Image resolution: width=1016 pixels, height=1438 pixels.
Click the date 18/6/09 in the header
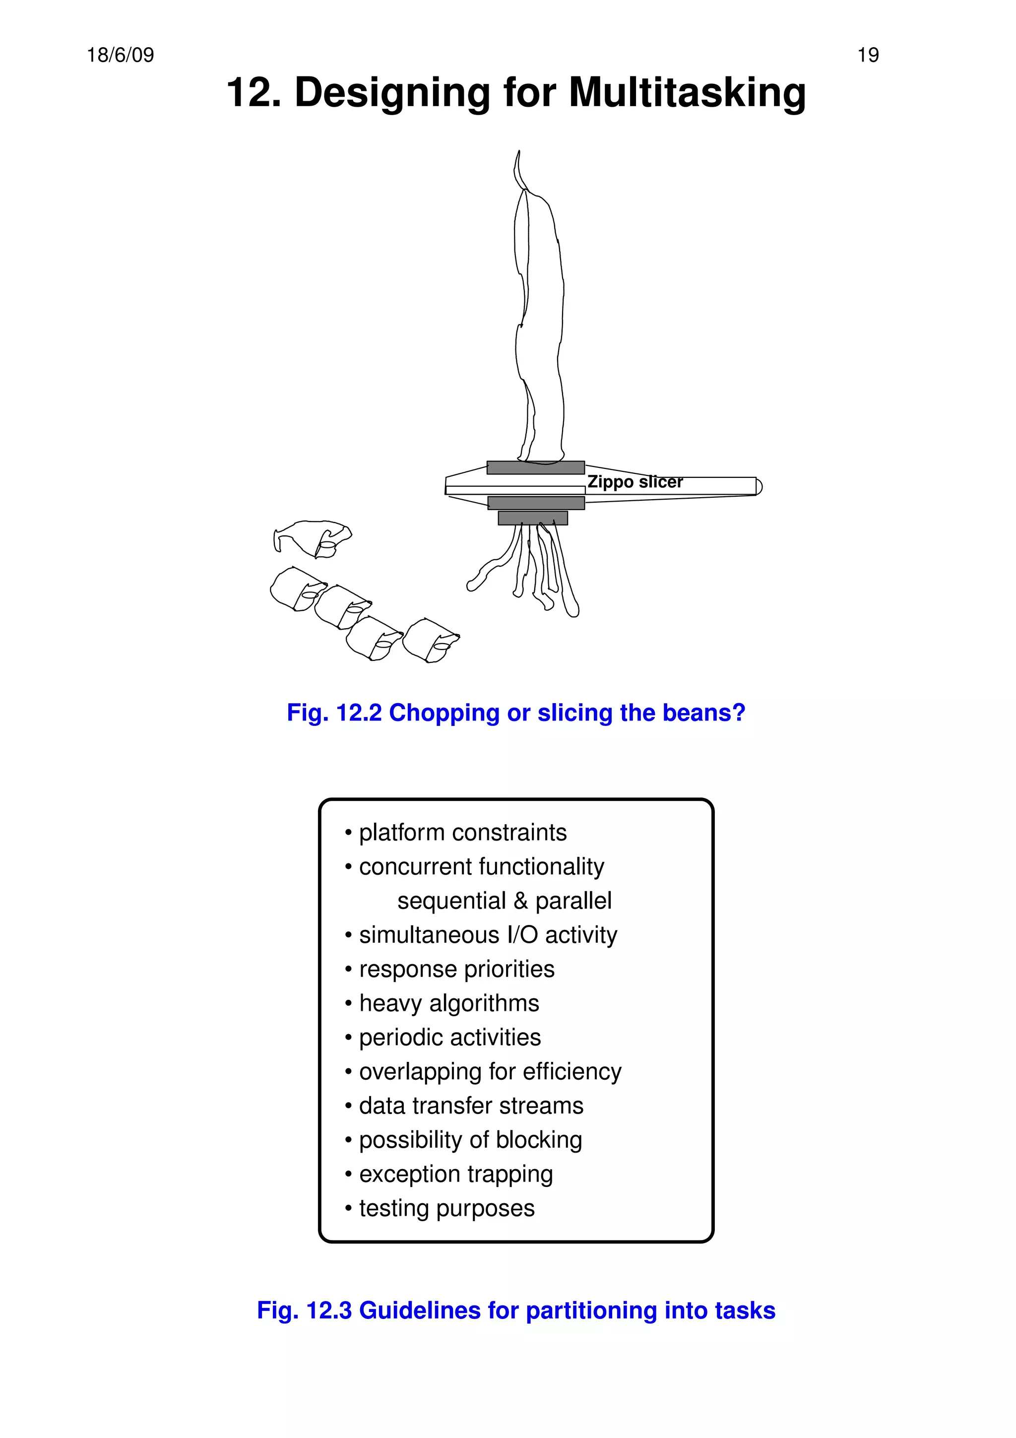[x=120, y=56]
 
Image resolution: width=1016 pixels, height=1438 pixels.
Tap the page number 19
[x=868, y=56]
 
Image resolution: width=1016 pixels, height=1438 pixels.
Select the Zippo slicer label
[x=635, y=482]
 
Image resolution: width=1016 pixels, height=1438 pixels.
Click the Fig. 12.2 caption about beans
[x=516, y=713]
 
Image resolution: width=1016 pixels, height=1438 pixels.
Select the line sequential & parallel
[x=504, y=901]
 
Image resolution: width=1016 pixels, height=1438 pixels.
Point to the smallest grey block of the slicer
[x=533, y=518]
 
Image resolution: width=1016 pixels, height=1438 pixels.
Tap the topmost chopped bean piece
[x=313, y=537]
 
